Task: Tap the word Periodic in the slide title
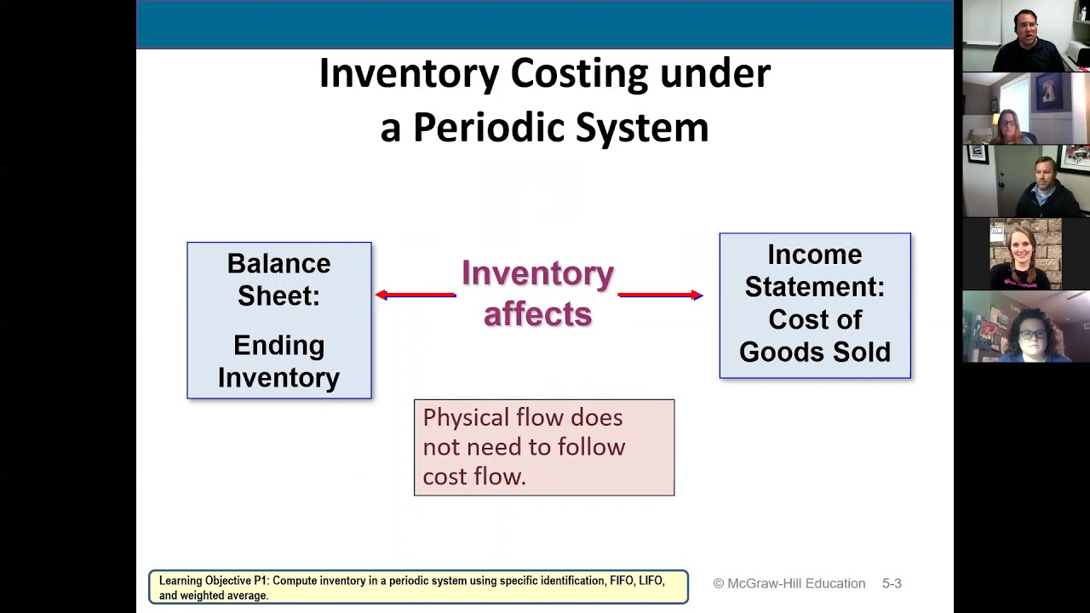(488, 129)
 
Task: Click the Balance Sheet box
(278, 320)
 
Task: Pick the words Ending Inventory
(278, 362)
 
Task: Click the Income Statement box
(814, 305)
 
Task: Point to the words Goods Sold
(814, 352)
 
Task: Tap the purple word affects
(537, 314)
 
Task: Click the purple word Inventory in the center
(537, 274)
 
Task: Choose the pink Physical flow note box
(543, 447)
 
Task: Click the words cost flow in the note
(473, 477)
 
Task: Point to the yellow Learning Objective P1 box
(418, 587)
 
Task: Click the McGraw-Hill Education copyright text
(789, 583)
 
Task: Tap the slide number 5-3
(891, 583)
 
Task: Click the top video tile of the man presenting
(1025, 36)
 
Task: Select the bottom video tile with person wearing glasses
(1025, 327)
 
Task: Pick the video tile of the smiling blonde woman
(1025, 254)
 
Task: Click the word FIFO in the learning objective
(621, 581)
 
